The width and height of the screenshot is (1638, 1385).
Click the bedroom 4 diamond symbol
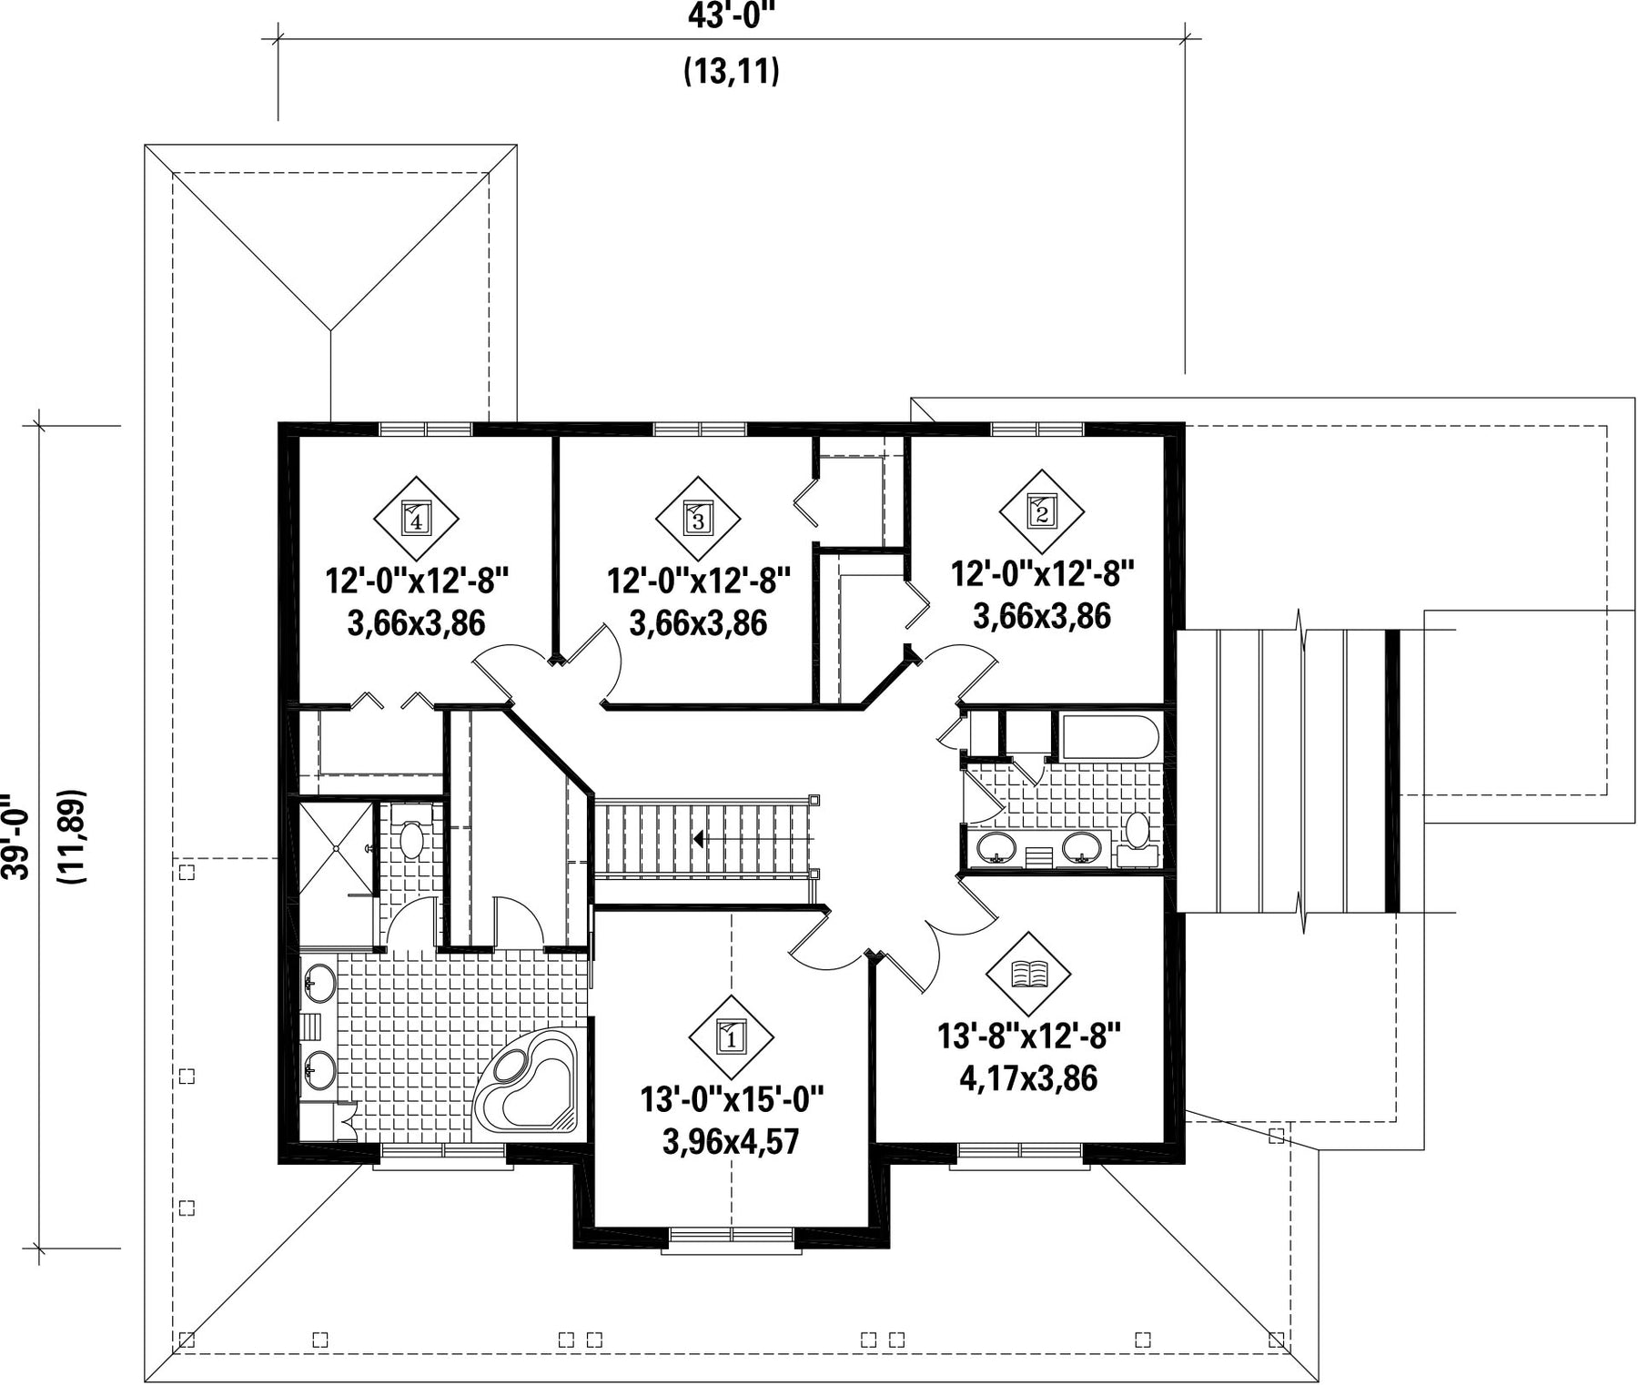(416, 519)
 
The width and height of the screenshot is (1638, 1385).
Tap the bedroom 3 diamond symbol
(698, 519)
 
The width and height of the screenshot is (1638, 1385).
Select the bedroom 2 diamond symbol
(1042, 512)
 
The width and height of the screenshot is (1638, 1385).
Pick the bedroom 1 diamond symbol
(732, 1036)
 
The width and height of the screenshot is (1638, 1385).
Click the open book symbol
(1029, 974)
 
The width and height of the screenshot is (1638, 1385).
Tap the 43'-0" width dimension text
(732, 15)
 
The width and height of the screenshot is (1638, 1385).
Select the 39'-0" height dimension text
(15, 835)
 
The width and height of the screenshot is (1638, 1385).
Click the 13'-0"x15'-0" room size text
(732, 1099)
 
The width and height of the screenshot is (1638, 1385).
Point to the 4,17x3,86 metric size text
(1028, 1078)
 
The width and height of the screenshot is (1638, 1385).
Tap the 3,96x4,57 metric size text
(731, 1141)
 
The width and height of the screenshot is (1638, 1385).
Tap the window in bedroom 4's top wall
(425, 430)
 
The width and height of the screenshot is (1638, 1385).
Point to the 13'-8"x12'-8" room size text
(1029, 1036)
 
